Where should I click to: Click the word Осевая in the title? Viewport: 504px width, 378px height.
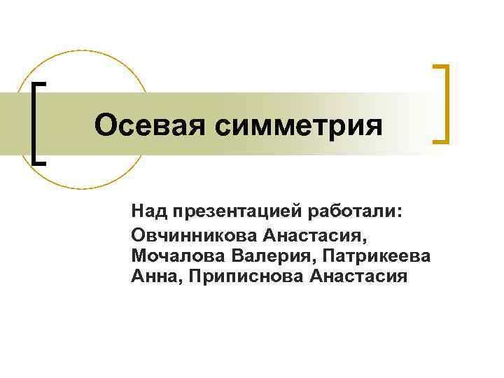point(146,126)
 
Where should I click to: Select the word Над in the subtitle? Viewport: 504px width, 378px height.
point(146,211)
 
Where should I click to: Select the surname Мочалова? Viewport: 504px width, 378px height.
point(174,254)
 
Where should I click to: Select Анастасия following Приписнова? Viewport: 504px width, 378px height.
point(358,276)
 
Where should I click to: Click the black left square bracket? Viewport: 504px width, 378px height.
point(34,122)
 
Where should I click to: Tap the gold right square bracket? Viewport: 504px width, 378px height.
point(444,104)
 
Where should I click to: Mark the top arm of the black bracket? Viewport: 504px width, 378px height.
point(41,84)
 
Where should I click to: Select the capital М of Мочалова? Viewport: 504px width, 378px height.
point(137,254)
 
